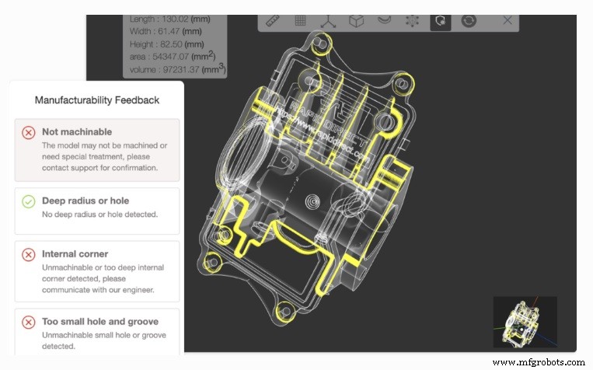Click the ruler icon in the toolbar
tap(272, 21)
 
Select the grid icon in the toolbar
tap(300, 21)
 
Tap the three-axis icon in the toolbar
tap(328, 21)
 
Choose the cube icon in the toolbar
tap(356, 21)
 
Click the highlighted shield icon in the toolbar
tap(441, 21)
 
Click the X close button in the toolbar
tap(508, 21)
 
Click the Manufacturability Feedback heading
tap(97, 100)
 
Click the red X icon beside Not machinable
tap(29, 132)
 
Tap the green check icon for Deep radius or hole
tap(29, 202)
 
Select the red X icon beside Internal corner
tap(29, 254)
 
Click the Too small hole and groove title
tap(100, 322)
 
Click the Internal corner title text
tap(75, 253)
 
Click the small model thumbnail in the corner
tap(525, 321)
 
